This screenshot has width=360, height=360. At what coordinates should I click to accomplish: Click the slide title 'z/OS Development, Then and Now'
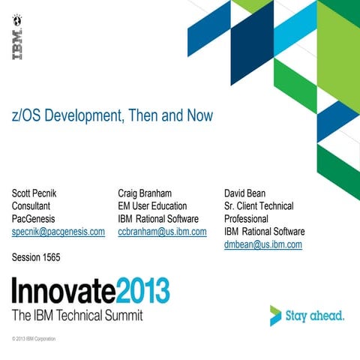(112, 116)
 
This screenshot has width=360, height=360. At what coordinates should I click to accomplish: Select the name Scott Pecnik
(40, 193)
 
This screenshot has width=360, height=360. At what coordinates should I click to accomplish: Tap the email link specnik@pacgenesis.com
(58, 232)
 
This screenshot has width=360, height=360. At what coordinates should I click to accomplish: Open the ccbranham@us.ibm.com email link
(162, 232)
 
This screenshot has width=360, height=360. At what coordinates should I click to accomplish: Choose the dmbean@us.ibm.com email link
(262, 244)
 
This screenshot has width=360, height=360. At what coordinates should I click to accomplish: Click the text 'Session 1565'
(36, 258)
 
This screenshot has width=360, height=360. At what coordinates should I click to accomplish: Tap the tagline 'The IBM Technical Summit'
(77, 315)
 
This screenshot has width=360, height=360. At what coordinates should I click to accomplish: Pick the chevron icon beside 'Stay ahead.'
(277, 316)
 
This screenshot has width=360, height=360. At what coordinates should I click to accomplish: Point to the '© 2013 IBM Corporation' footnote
(34, 339)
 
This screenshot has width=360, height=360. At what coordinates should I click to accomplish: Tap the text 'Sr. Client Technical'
(259, 205)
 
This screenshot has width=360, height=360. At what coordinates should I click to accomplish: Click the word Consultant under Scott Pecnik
(34, 205)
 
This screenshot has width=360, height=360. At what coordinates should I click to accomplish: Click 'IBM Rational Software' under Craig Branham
(157, 219)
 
